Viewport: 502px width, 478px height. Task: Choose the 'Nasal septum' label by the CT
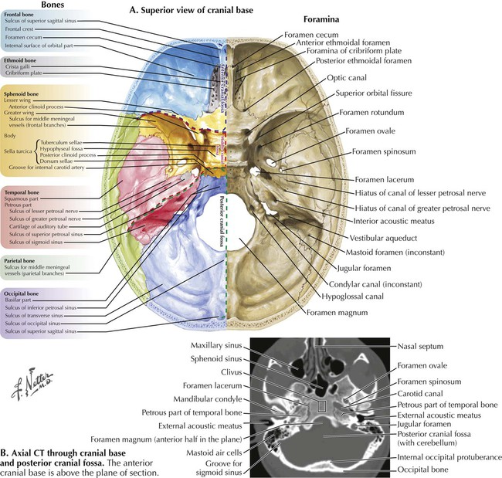click(419, 346)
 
